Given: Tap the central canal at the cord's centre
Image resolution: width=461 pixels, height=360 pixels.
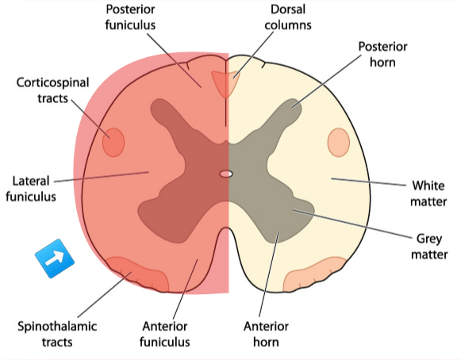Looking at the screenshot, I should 226,173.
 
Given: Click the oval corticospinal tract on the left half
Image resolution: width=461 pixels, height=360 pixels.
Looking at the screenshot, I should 114,142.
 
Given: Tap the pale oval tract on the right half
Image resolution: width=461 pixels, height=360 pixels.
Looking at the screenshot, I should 339,142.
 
